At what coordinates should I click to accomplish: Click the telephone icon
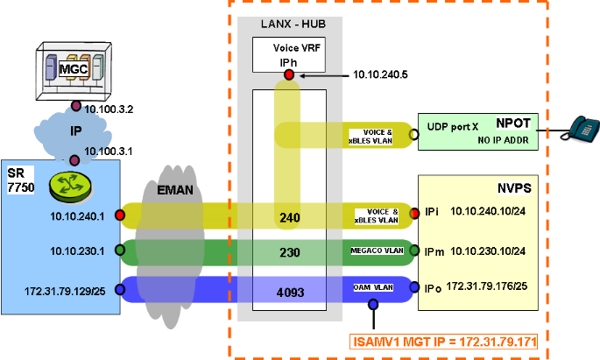click(x=579, y=130)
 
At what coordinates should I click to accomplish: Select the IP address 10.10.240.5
click(x=380, y=75)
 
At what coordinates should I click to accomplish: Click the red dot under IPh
click(x=289, y=76)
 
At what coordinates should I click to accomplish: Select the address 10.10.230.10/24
click(x=488, y=251)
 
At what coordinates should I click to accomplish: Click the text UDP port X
click(x=455, y=128)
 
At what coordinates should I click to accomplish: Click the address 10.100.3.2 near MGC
click(x=109, y=109)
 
